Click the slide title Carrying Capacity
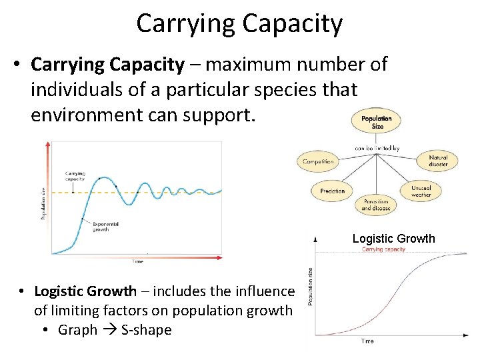tap(239, 24)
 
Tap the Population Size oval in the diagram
tap(377, 123)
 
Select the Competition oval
tap(318, 161)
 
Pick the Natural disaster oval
tap(438, 161)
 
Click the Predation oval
tap(332, 191)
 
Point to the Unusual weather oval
tap(421, 191)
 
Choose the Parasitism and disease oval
tap(377, 205)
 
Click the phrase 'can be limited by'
tap(377, 148)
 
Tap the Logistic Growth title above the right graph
tap(393, 239)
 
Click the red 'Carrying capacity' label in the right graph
tap(383, 249)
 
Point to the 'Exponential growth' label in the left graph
tap(106, 227)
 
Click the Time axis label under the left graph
tap(137, 261)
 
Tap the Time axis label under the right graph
tap(367, 341)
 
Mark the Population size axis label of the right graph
tap(310, 286)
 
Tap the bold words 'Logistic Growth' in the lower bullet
tap(85, 291)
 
